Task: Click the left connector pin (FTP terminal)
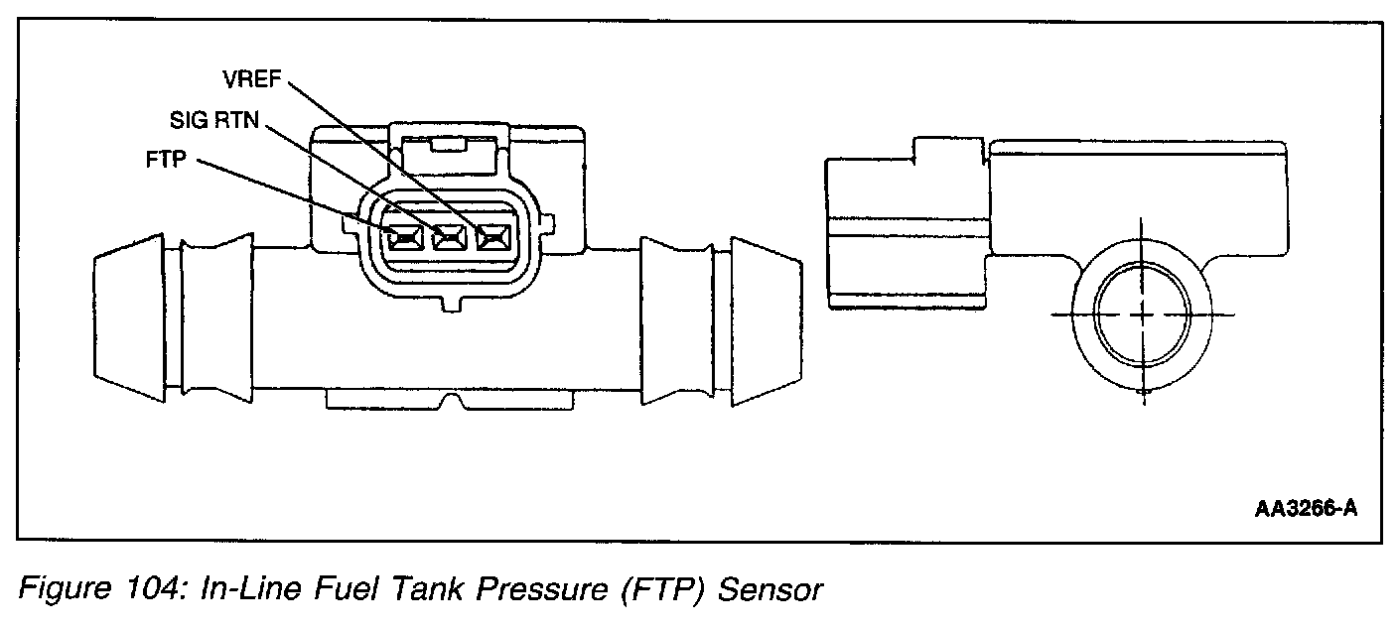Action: [404, 237]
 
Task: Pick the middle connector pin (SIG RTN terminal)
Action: [450, 237]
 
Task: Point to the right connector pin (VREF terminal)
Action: [492, 237]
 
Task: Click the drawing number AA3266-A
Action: [1305, 510]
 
